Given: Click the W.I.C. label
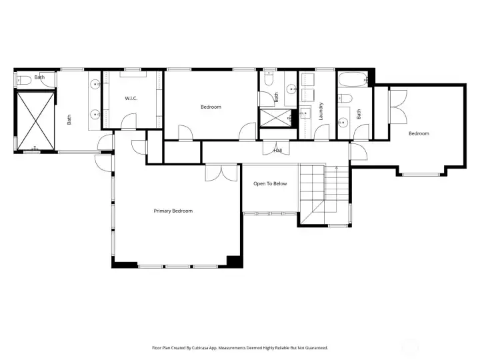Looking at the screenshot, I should coord(131,99).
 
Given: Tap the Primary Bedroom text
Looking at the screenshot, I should coord(173,211).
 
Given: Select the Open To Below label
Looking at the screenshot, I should coord(270,183).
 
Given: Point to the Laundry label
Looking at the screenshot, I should coord(321,110).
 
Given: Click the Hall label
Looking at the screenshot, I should coord(277,151).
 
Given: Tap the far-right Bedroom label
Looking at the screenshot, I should coord(419,133).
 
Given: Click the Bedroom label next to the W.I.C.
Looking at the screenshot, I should coord(211,107).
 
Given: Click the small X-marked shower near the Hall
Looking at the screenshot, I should coord(275,117).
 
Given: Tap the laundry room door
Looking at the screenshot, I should coord(322,131).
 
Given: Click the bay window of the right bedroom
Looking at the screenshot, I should coord(421,174).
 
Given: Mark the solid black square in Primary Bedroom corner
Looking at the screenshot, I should coord(233,261).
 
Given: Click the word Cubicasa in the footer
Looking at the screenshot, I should coord(202,347).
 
